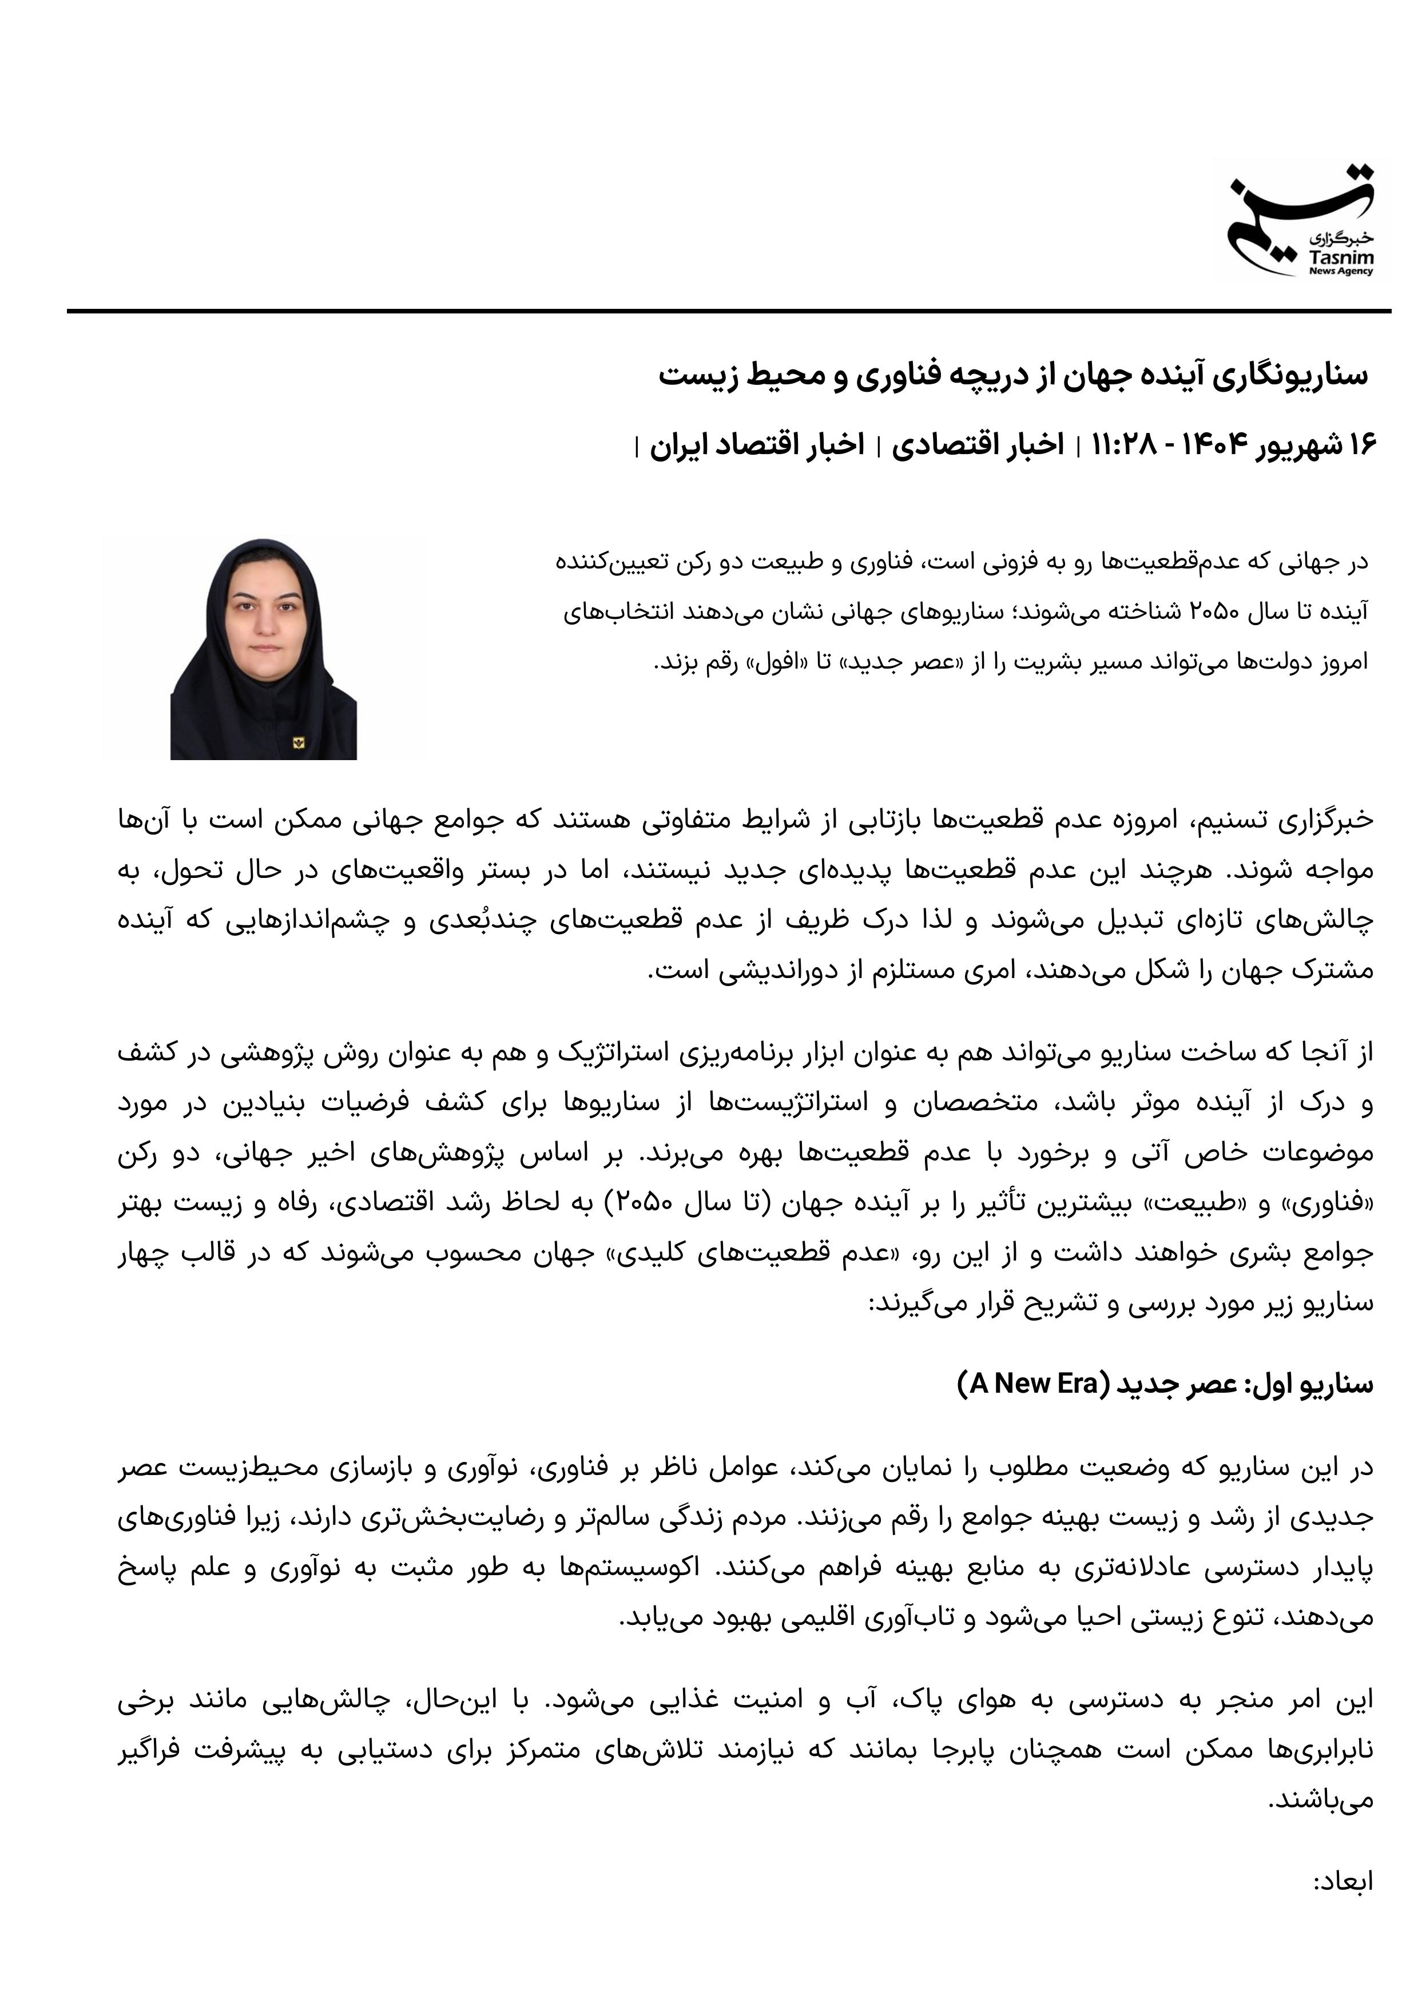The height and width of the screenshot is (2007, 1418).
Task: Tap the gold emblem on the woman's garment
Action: click(x=298, y=742)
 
